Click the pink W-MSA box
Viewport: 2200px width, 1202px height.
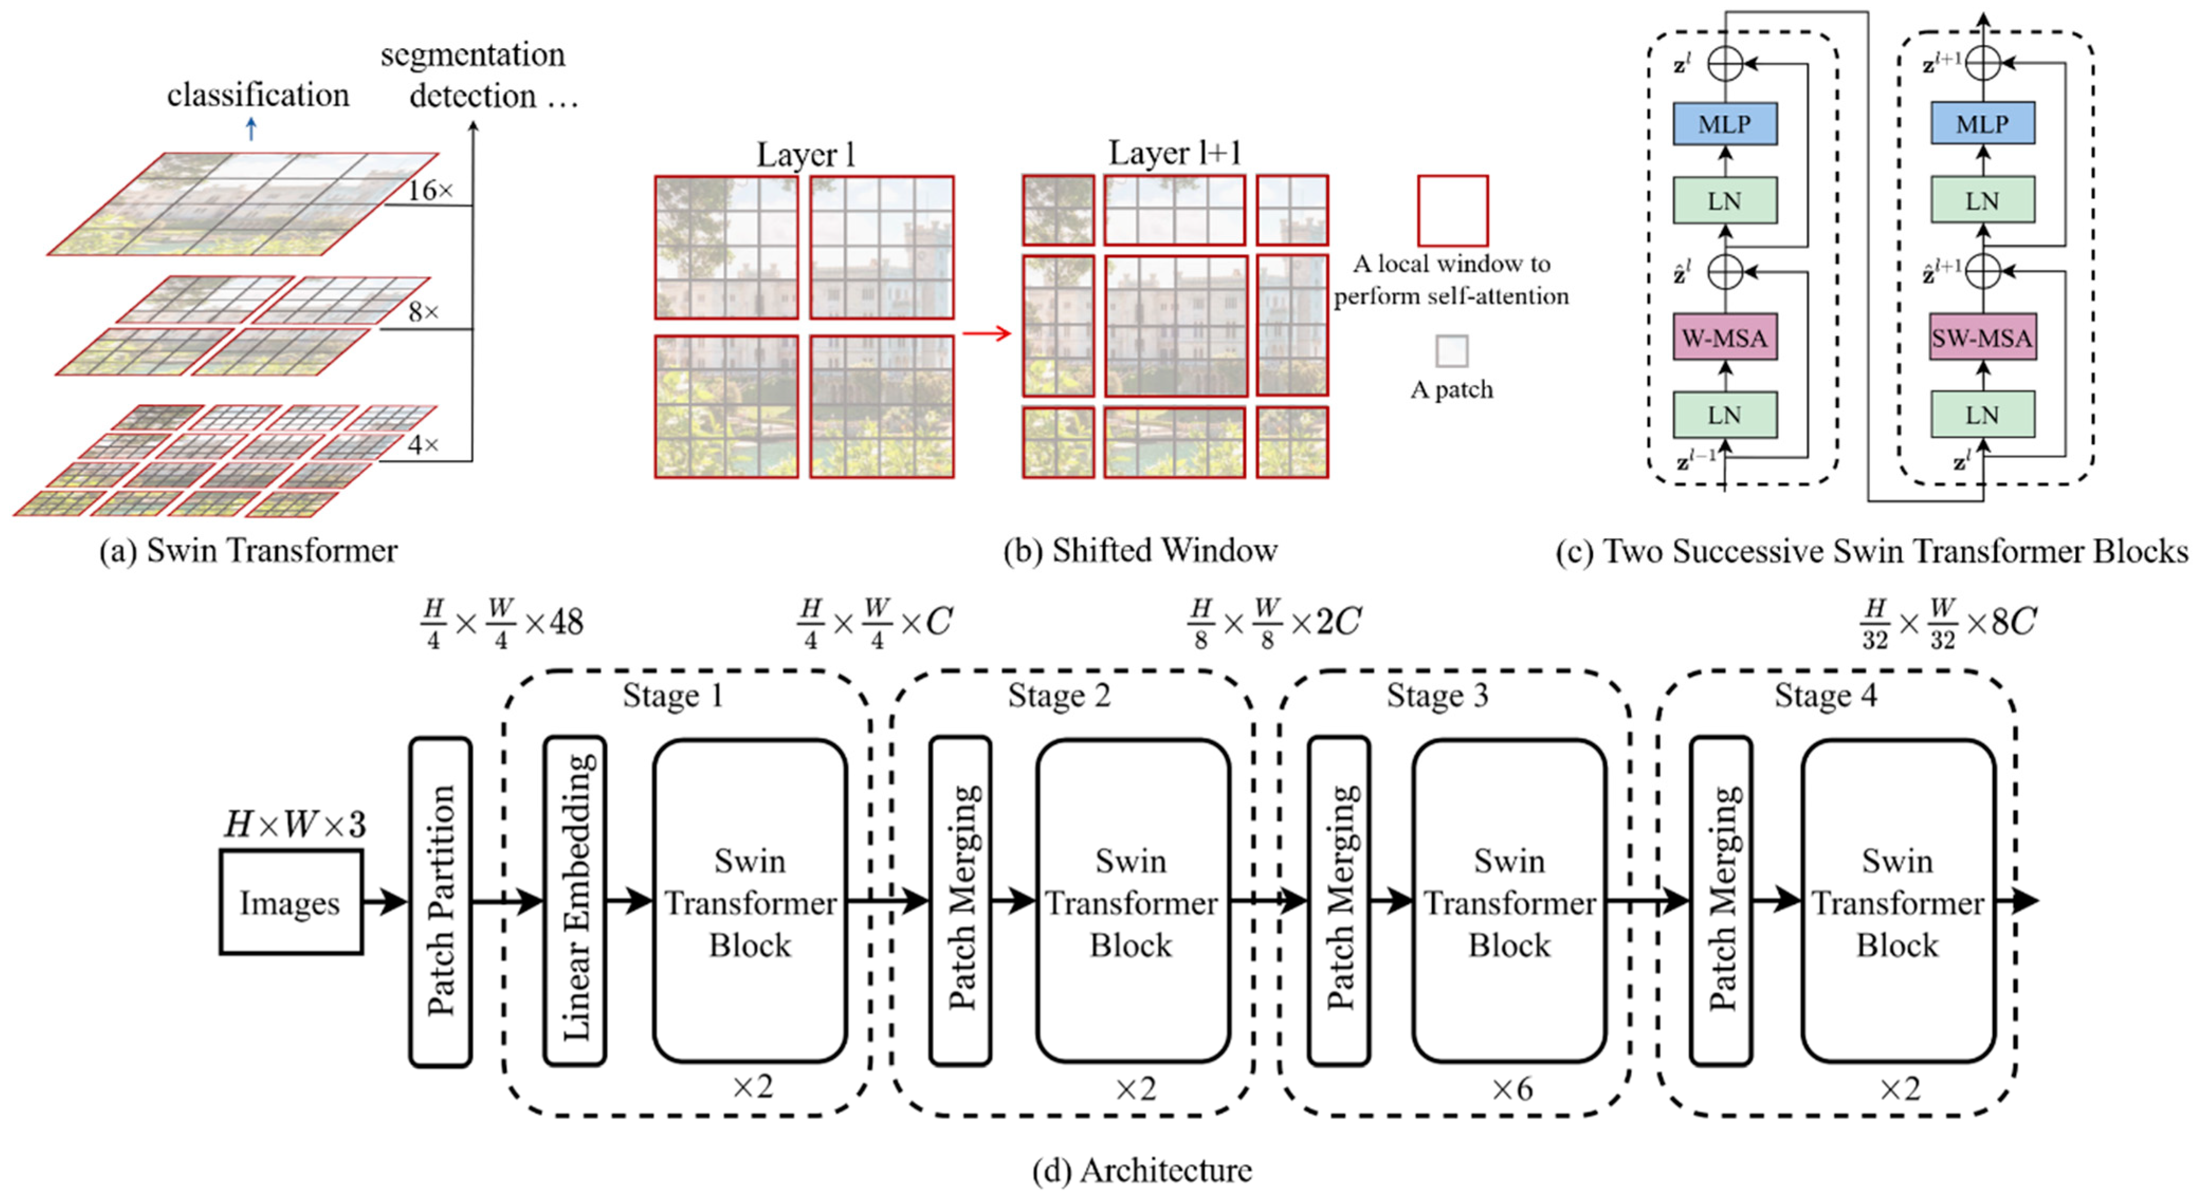tap(1724, 338)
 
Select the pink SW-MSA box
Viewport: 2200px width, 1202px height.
tap(1982, 338)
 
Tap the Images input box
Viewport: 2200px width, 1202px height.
tap(290, 902)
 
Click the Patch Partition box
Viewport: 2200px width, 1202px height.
tap(441, 902)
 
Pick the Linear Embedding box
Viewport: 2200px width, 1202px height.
tap(575, 902)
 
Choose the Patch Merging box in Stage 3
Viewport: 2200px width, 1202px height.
tap(1339, 902)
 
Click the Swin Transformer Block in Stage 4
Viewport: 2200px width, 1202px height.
tap(1897, 902)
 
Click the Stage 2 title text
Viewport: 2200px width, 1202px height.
tap(1059, 696)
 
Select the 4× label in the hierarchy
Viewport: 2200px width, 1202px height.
tap(423, 445)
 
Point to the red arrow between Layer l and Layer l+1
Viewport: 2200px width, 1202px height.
tap(986, 333)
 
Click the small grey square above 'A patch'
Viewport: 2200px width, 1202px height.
tap(1452, 351)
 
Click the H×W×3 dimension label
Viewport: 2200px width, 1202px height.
tap(295, 824)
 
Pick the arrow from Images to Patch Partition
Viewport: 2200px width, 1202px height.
tap(385, 902)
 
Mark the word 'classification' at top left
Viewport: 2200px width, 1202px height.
tap(258, 95)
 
